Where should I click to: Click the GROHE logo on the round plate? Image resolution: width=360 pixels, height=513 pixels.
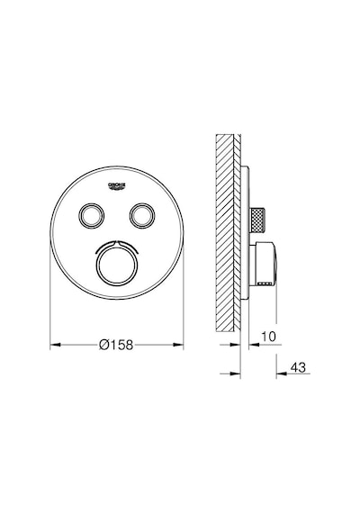point(117,185)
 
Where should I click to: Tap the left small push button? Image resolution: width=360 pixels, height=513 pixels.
point(91,216)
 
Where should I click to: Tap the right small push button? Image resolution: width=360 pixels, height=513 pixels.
point(142,216)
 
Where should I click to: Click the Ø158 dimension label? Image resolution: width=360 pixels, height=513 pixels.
point(116,344)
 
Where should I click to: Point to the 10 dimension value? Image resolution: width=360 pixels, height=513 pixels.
point(268,337)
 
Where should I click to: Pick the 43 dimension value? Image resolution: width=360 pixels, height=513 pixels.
point(298,367)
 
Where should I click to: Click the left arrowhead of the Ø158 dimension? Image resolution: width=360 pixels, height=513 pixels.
point(55,344)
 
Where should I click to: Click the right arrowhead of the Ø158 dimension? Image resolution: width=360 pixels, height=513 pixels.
point(178,344)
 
